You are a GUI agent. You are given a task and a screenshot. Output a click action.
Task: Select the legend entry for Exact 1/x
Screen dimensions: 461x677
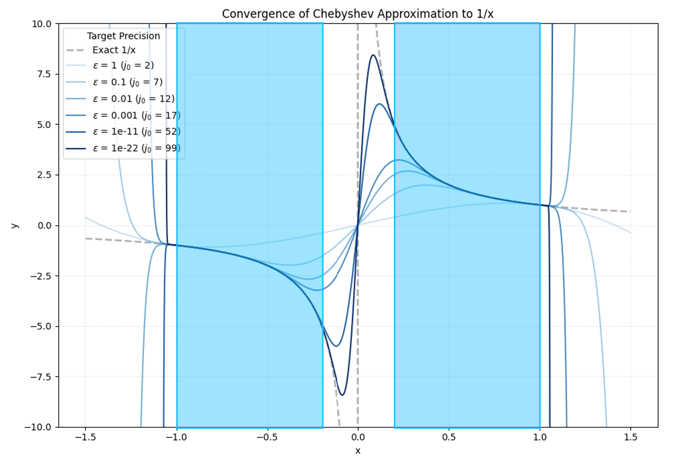(114, 50)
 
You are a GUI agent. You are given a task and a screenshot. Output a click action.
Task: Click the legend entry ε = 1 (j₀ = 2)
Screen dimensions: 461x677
(123, 66)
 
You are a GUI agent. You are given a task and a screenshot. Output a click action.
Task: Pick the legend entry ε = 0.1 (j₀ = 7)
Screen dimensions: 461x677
(127, 82)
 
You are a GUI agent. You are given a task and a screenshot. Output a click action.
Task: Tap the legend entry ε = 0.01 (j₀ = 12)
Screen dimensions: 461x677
(134, 99)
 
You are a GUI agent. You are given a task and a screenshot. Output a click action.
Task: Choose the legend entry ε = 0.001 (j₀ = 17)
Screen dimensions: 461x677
(136, 115)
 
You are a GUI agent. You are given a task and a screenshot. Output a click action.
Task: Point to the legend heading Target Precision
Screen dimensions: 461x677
(124, 36)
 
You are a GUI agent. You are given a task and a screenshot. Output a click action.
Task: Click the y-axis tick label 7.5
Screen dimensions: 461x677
(45, 74)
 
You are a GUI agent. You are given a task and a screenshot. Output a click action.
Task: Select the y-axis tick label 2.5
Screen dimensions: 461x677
(45, 175)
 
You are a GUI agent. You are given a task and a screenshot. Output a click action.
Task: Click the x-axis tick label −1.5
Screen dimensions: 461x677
(85, 437)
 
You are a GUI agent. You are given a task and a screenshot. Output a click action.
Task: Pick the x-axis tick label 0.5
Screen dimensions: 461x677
(449, 437)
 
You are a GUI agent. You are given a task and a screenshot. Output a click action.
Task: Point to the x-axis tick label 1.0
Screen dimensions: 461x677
(540, 437)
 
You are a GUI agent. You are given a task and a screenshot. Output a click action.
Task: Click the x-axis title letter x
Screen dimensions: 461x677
(358, 451)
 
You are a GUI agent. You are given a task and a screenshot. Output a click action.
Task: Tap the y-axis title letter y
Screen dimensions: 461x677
(15, 225)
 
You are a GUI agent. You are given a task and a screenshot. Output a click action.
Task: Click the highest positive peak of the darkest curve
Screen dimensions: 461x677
(373, 55)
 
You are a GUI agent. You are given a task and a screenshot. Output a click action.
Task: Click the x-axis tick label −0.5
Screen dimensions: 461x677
(267, 437)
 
